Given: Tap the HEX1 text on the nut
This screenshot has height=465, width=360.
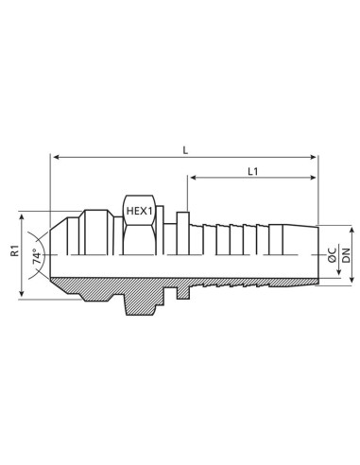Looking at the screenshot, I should [x=137, y=213].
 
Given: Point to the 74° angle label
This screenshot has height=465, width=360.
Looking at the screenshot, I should [x=36, y=254].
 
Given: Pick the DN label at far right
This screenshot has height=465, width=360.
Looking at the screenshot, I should [x=346, y=253].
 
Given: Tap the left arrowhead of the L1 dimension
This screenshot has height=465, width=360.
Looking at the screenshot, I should [x=192, y=178].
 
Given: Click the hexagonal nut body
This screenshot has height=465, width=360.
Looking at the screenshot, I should [x=137, y=236].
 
